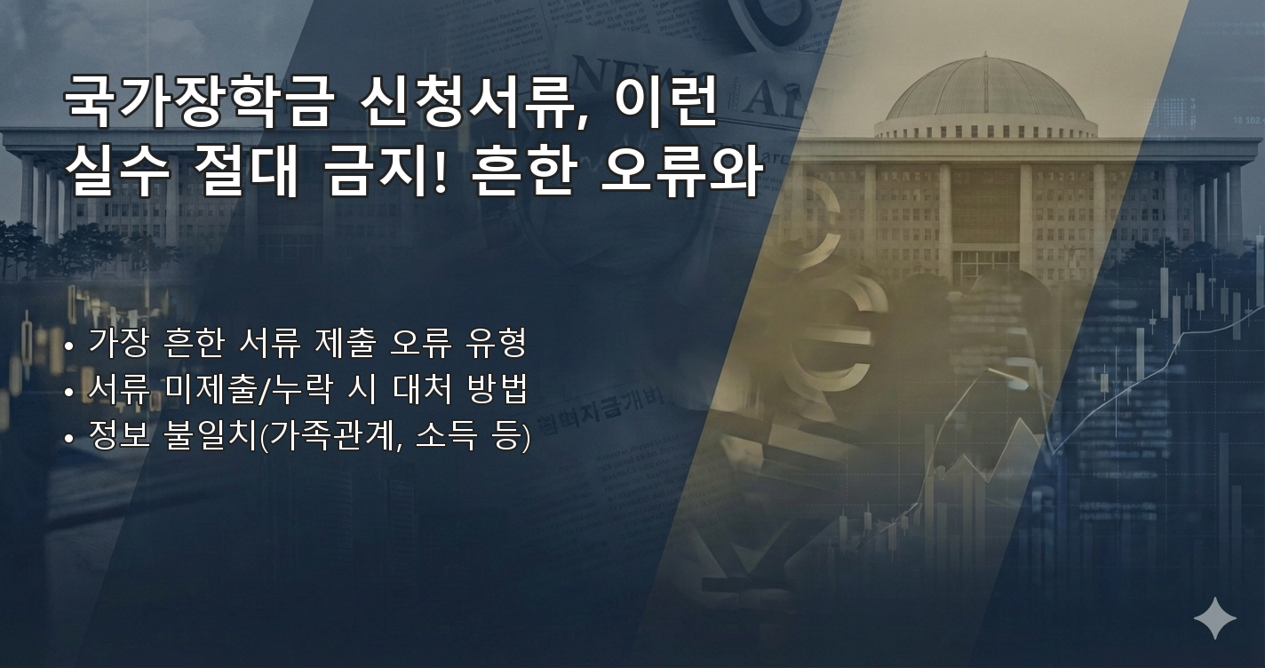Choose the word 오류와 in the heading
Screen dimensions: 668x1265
click(x=680, y=171)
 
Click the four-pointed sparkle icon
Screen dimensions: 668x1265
click(x=1214, y=618)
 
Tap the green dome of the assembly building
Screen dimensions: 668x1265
click(x=984, y=89)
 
